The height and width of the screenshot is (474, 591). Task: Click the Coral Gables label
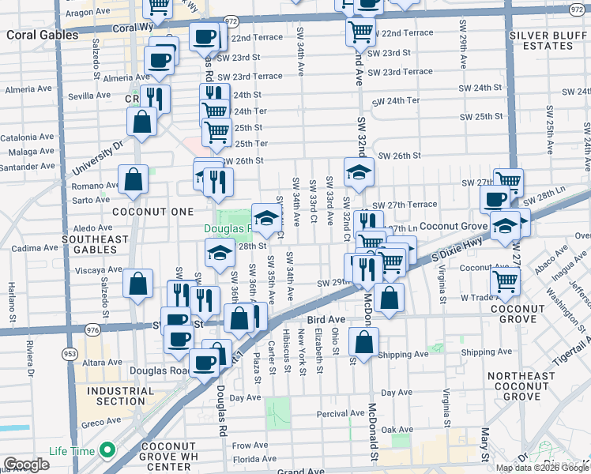pyautogui.click(x=38, y=36)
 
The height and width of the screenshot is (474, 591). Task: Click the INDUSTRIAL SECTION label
pyautogui.click(x=116, y=396)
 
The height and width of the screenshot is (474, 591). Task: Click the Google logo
pyautogui.click(x=26, y=465)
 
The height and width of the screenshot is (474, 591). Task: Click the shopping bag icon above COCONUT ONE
pyautogui.click(x=133, y=179)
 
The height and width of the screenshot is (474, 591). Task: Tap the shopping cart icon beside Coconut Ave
pyautogui.click(x=504, y=279)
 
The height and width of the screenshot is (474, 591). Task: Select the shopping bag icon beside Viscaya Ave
pyautogui.click(x=137, y=284)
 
